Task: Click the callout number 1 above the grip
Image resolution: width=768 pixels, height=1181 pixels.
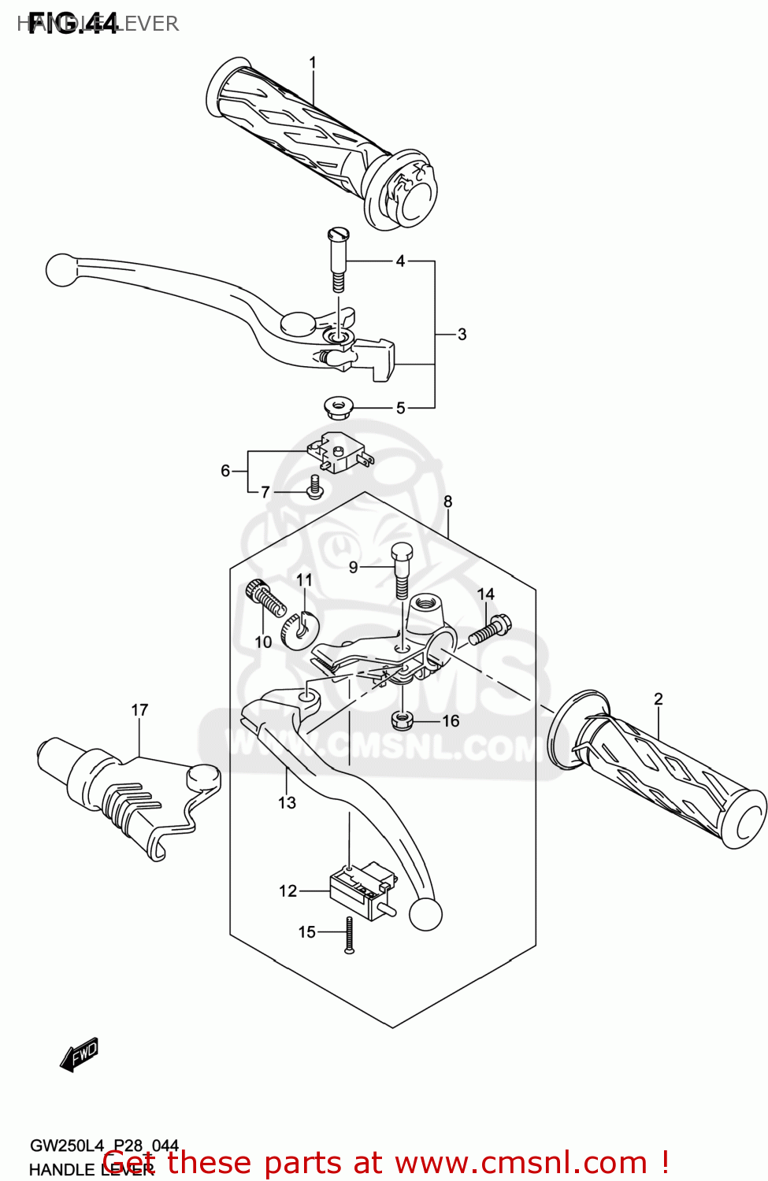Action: (x=313, y=63)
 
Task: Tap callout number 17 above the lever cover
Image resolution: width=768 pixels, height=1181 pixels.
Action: (x=139, y=710)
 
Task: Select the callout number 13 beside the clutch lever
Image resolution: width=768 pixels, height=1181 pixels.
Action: (x=287, y=802)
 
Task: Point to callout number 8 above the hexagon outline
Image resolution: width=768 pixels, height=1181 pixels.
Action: (x=447, y=502)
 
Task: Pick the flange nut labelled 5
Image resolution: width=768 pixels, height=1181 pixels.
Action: (x=339, y=408)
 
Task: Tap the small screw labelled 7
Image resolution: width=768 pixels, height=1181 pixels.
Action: (x=315, y=487)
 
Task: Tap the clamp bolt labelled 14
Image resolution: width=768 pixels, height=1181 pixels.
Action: (x=489, y=630)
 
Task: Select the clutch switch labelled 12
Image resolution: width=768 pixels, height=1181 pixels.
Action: (x=360, y=890)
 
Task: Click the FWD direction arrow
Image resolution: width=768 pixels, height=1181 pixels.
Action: (x=80, y=1054)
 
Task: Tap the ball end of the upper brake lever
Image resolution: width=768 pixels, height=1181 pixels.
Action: (x=61, y=269)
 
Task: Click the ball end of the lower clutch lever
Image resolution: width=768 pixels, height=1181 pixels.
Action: (x=425, y=914)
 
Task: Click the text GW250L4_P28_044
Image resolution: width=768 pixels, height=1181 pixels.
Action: (x=104, y=1146)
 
